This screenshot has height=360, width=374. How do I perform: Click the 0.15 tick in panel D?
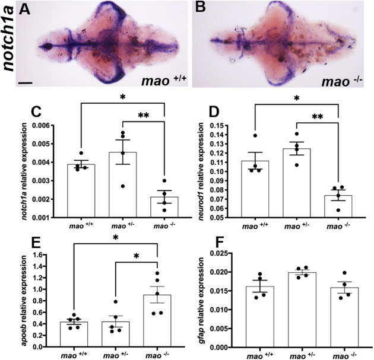pyautogui.click(x=213, y=126)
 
